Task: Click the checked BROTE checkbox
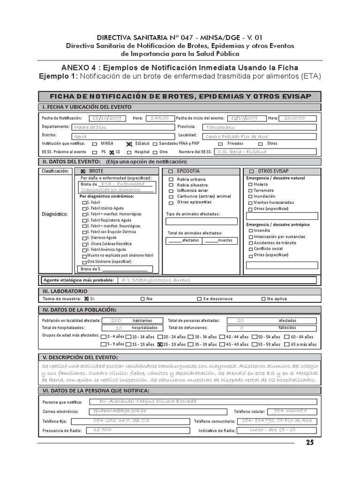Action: point(83,172)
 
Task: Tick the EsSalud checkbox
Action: point(129,144)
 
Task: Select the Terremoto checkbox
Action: point(251,190)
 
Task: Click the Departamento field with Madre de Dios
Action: point(122,127)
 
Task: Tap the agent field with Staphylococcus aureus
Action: point(216,280)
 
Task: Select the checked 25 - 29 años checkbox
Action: point(160,345)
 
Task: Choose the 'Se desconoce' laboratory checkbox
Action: point(199,299)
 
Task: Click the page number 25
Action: point(310,442)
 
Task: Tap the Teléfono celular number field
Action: point(290,411)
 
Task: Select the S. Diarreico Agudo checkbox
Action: point(84,238)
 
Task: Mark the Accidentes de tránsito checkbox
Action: point(251,243)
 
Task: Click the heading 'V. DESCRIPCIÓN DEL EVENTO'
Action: point(80,358)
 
